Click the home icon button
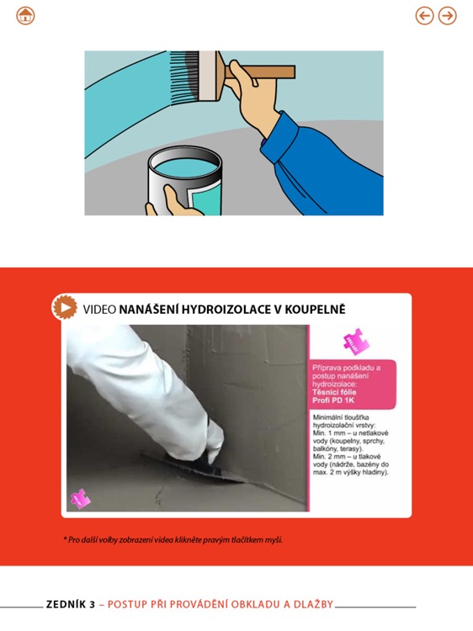[x=25, y=16]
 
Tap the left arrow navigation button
[x=425, y=16]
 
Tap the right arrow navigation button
[x=448, y=16]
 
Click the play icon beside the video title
[x=65, y=308]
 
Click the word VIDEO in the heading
[x=99, y=310]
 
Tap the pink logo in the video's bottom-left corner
[x=80, y=499]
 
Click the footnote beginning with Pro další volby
[x=173, y=539]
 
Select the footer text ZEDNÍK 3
[x=71, y=604]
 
